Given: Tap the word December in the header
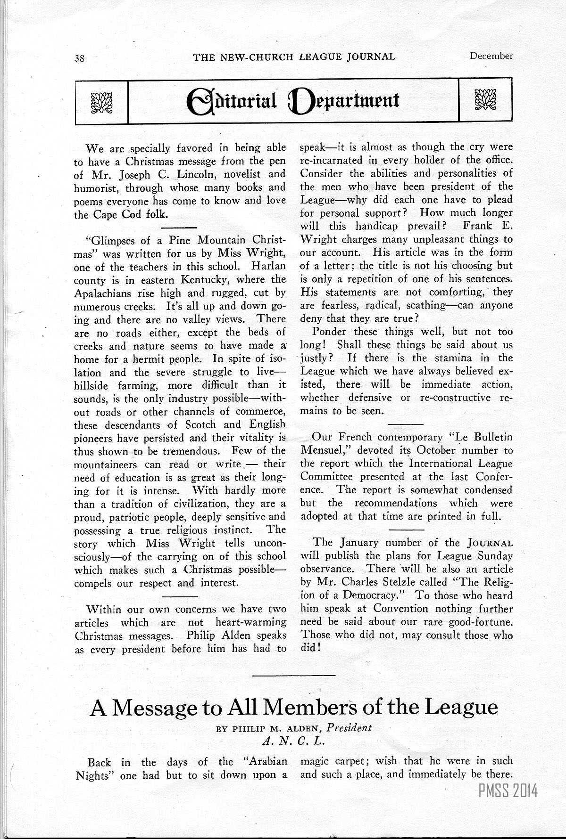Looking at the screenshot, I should pos(491,56).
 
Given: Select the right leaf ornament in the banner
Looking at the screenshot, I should pos(485,100).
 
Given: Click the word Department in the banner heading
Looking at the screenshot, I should pos(345,101).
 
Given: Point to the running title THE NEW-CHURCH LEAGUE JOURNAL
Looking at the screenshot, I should pos(294,57).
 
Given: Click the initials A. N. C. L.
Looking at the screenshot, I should pos(294,741).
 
